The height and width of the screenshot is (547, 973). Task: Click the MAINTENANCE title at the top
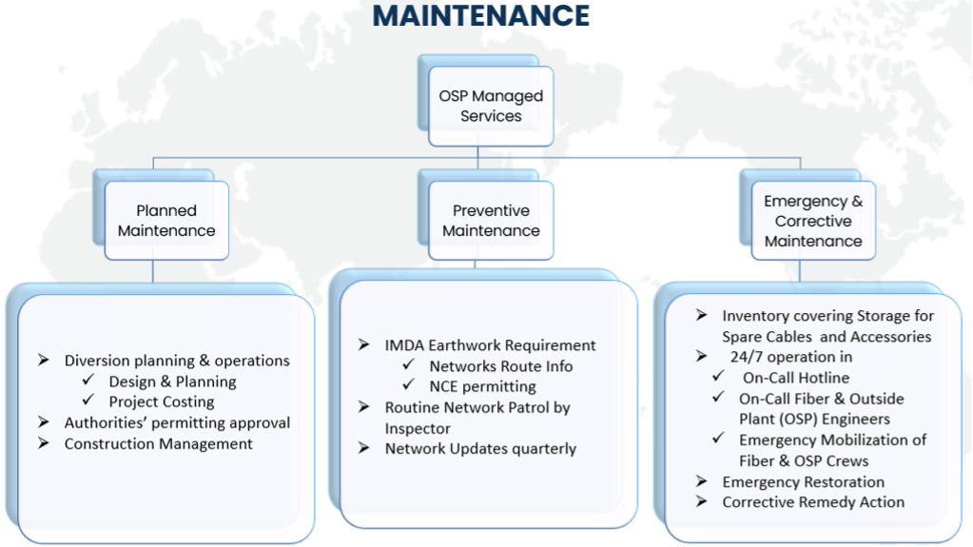point(481,15)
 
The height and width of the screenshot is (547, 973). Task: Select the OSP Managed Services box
point(491,107)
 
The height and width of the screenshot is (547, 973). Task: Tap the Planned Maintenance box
point(166,221)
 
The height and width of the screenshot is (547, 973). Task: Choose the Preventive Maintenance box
point(491,221)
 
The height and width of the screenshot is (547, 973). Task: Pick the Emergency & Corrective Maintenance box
point(813,221)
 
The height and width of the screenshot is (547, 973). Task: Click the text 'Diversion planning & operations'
point(177,361)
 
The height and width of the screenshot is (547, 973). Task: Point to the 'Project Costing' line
point(162,401)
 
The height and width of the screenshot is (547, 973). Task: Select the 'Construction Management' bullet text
point(158,444)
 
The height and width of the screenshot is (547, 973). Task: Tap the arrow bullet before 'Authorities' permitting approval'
point(44,422)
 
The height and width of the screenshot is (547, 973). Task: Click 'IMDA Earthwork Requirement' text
point(490,345)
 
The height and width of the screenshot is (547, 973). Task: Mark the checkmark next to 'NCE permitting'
point(408,384)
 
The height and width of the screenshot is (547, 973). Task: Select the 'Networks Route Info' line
point(501,366)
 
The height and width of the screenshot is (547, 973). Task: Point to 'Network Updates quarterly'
point(480,449)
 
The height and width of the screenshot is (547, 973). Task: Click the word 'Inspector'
point(418,428)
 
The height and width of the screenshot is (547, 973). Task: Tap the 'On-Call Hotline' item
point(796,378)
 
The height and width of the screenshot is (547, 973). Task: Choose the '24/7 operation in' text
point(791,357)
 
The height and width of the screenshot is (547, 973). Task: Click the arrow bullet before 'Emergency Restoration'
point(701,481)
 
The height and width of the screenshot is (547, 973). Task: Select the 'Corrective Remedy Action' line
point(813,502)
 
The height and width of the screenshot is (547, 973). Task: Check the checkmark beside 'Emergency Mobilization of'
point(718,438)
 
